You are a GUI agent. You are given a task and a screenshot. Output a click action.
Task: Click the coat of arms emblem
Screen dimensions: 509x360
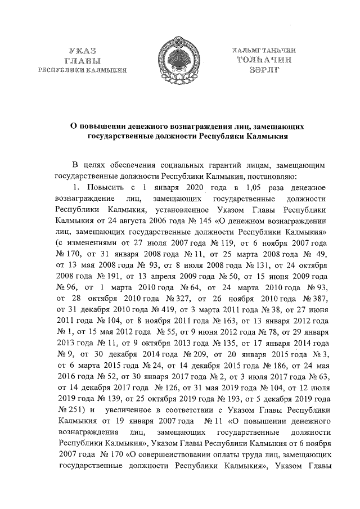coord(180,56)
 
